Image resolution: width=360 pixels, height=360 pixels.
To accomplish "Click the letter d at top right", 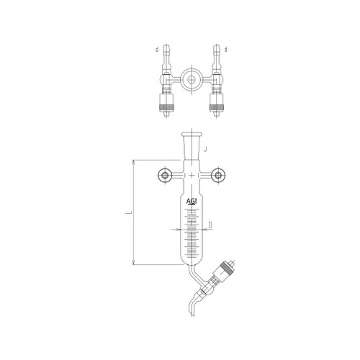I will pyautogui.click(x=227, y=50).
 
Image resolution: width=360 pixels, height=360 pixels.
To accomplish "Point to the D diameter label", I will pyautogui.click(x=210, y=226).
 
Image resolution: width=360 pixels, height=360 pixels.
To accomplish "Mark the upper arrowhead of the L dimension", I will pyautogui.click(x=135, y=163).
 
